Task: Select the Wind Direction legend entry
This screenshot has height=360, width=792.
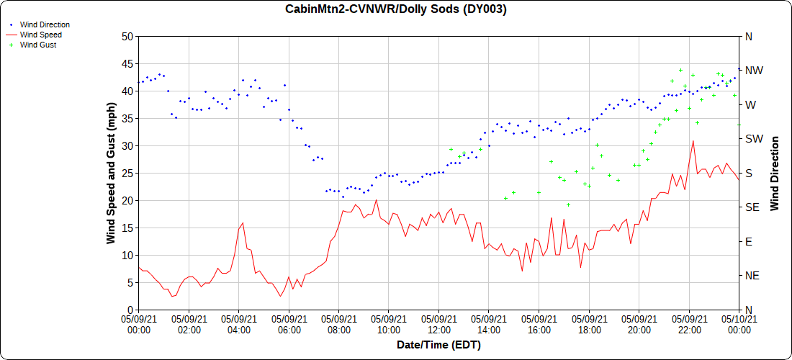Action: point(45,24)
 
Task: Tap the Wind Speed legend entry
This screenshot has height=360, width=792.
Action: point(40,35)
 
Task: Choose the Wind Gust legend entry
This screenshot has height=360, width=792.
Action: point(38,45)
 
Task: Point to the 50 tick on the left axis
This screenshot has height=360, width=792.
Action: point(127,36)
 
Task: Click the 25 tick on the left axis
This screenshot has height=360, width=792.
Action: point(127,173)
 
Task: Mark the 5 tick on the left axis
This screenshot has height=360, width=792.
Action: point(130,282)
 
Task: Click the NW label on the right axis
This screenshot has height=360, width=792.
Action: point(753,71)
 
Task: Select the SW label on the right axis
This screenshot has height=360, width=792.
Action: point(753,139)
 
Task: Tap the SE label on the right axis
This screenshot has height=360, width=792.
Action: point(752,207)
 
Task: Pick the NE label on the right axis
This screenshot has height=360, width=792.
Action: point(752,276)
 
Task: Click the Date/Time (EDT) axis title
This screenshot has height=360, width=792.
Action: point(438,345)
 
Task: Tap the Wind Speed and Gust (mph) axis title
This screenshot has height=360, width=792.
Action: point(111,173)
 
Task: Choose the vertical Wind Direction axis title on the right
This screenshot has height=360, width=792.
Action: point(775,173)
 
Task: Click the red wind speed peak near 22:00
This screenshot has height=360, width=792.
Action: point(693,141)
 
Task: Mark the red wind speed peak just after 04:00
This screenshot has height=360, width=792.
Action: point(243,223)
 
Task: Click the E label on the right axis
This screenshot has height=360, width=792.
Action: point(748,241)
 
